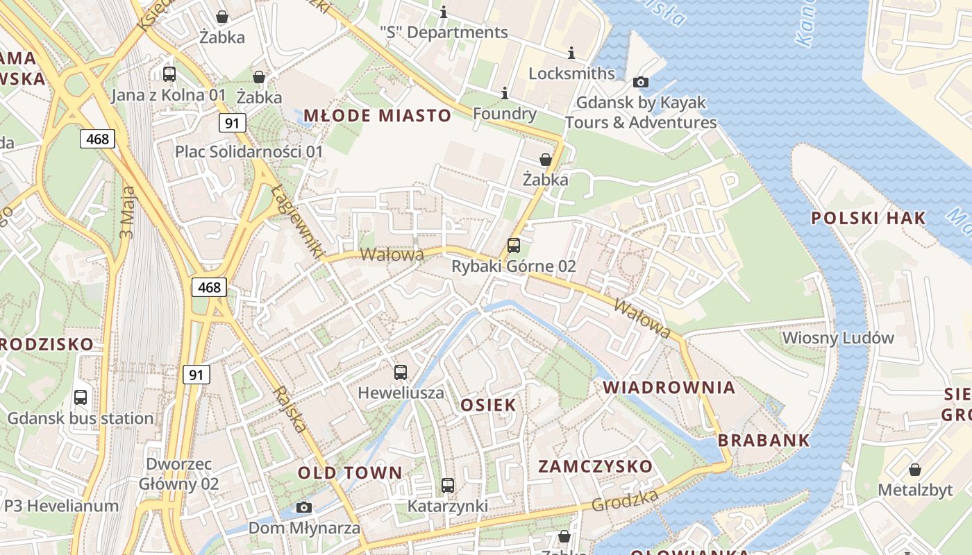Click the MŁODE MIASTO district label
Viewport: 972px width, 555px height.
coord(377,115)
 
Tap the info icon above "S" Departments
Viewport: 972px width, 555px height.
coord(444,12)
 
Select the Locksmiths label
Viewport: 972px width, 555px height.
coord(571,73)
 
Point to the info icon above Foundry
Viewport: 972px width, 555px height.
coord(505,93)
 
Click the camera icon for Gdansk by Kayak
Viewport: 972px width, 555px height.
coord(641,83)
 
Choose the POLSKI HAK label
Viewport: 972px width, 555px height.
coord(869,218)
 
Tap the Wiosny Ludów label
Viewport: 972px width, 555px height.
coord(838,338)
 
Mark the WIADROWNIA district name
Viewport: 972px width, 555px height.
coord(669,387)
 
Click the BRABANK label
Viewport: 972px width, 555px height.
coord(764,440)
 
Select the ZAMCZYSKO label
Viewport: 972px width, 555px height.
coord(596,466)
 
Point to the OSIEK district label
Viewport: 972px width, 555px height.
coord(489,404)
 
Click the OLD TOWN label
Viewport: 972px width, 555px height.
coord(350,472)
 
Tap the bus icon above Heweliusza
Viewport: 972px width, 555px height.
coord(401,373)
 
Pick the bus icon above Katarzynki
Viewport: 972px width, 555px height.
coord(448,486)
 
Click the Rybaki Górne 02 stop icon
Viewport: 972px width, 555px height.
coord(514,246)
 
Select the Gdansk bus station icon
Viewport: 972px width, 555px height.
coord(81,398)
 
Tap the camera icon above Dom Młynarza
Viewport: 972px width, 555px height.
coord(304,507)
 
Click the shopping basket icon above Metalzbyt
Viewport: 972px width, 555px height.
coord(915,470)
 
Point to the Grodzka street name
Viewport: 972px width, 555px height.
coord(625,500)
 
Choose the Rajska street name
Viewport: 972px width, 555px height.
coord(290,409)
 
